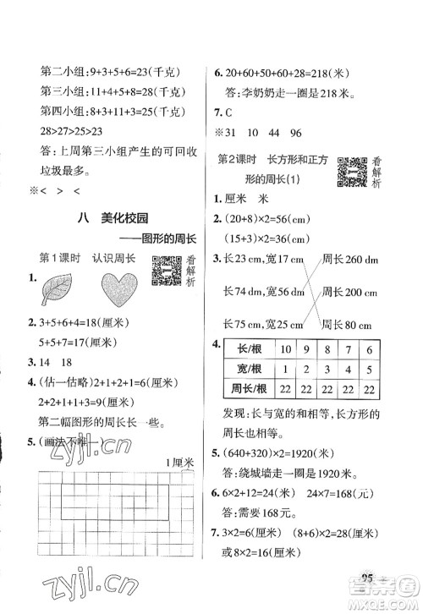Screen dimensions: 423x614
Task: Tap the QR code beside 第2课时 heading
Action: tap(351, 172)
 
